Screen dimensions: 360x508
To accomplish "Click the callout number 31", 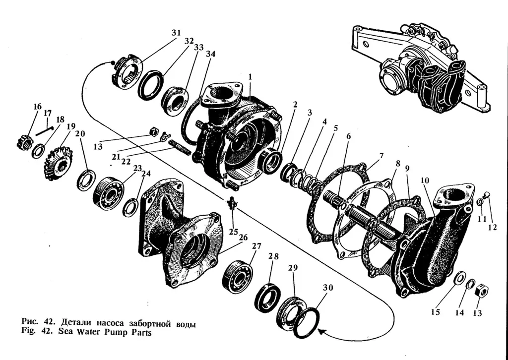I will click(176, 32).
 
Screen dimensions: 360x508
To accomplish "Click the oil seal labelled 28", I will click(267, 296).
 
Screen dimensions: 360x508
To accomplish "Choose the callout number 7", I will click(381, 156).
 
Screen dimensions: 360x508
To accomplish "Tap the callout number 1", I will click(251, 77).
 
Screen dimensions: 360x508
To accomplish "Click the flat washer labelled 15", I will click(459, 277).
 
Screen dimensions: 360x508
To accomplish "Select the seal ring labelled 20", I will click(86, 179).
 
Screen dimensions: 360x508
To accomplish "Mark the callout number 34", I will click(211, 54).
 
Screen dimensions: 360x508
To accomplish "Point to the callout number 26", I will click(243, 238).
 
